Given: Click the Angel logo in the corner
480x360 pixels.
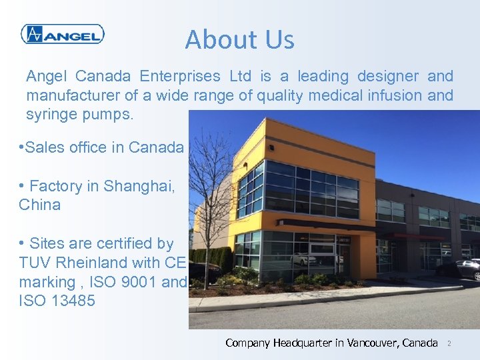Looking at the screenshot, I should click(62, 34).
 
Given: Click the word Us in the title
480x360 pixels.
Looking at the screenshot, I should click(279, 40).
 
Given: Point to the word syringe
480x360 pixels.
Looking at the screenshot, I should click(51, 115).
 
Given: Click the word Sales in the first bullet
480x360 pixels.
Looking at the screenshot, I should click(45, 147).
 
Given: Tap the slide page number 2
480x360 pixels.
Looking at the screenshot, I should click(449, 343).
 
